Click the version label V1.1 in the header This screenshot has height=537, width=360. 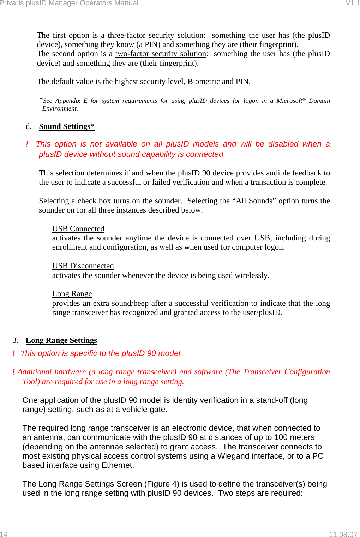tap(352, 3)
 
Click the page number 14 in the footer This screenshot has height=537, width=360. tap(4, 534)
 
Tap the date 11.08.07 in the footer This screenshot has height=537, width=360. tap(343, 534)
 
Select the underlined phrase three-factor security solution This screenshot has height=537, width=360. tap(155, 35)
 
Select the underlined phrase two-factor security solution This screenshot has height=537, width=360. tap(161, 54)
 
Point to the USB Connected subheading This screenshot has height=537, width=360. tap(78, 229)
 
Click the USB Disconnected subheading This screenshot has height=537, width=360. tap(83, 266)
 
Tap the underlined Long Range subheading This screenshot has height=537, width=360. tap(72, 294)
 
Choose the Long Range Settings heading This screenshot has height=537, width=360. tap(61, 340)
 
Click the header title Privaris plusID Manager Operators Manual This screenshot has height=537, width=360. tap(69, 3)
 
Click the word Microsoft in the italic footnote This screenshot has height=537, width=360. tap(289, 101)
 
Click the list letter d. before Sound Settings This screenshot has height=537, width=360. tap(29, 126)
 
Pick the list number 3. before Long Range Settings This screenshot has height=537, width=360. tap(15, 340)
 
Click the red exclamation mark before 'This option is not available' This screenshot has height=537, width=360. tap(27, 144)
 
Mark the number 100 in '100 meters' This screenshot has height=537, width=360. tap(281, 437)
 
